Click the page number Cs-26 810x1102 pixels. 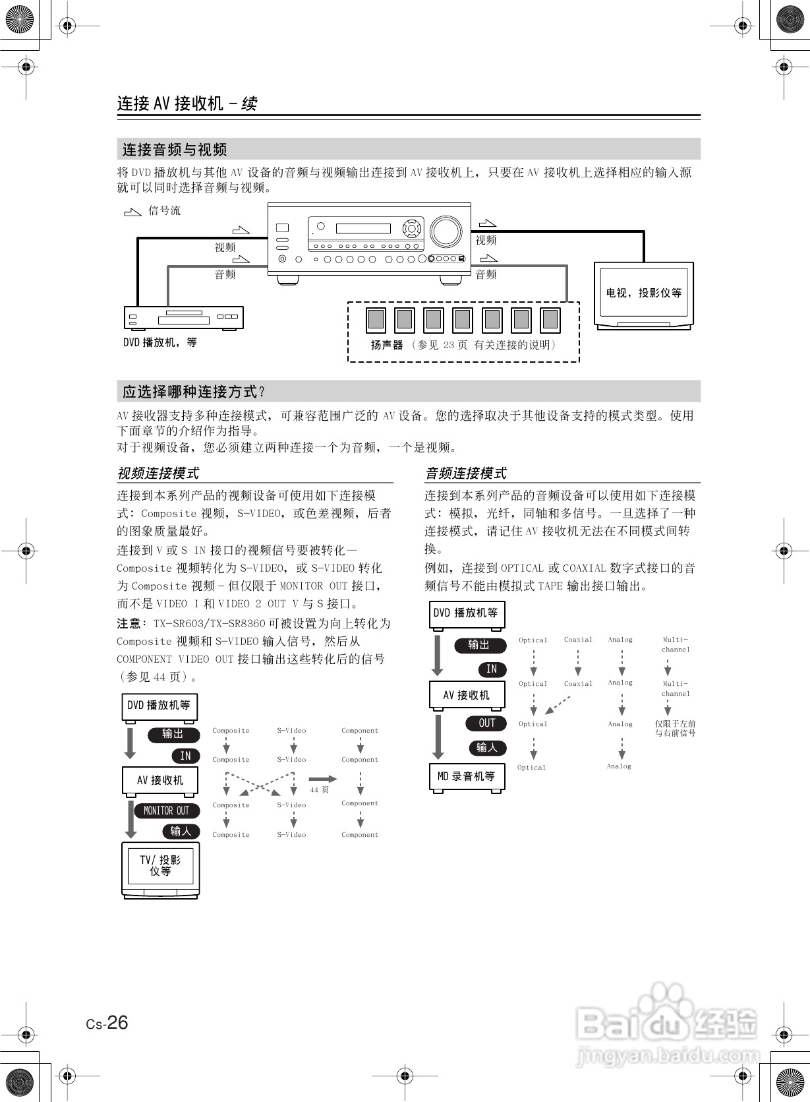[107, 1023]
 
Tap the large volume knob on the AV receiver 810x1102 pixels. [446, 231]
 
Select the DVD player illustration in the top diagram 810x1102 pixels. [184, 318]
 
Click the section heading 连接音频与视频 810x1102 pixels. [175, 150]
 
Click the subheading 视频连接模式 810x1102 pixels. [158, 473]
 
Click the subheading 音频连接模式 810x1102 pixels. [466, 473]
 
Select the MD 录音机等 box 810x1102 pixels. [467, 777]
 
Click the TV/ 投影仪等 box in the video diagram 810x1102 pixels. [160, 866]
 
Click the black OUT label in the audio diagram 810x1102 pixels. [486, 723]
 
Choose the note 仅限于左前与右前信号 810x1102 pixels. [676, 728]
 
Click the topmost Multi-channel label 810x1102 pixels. [676, 644]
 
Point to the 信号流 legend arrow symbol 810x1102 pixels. [132, 212]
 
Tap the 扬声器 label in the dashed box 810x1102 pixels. [387, 345]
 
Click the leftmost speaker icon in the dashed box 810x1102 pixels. [376, 320]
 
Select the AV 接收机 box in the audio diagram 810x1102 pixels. [467, 695]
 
